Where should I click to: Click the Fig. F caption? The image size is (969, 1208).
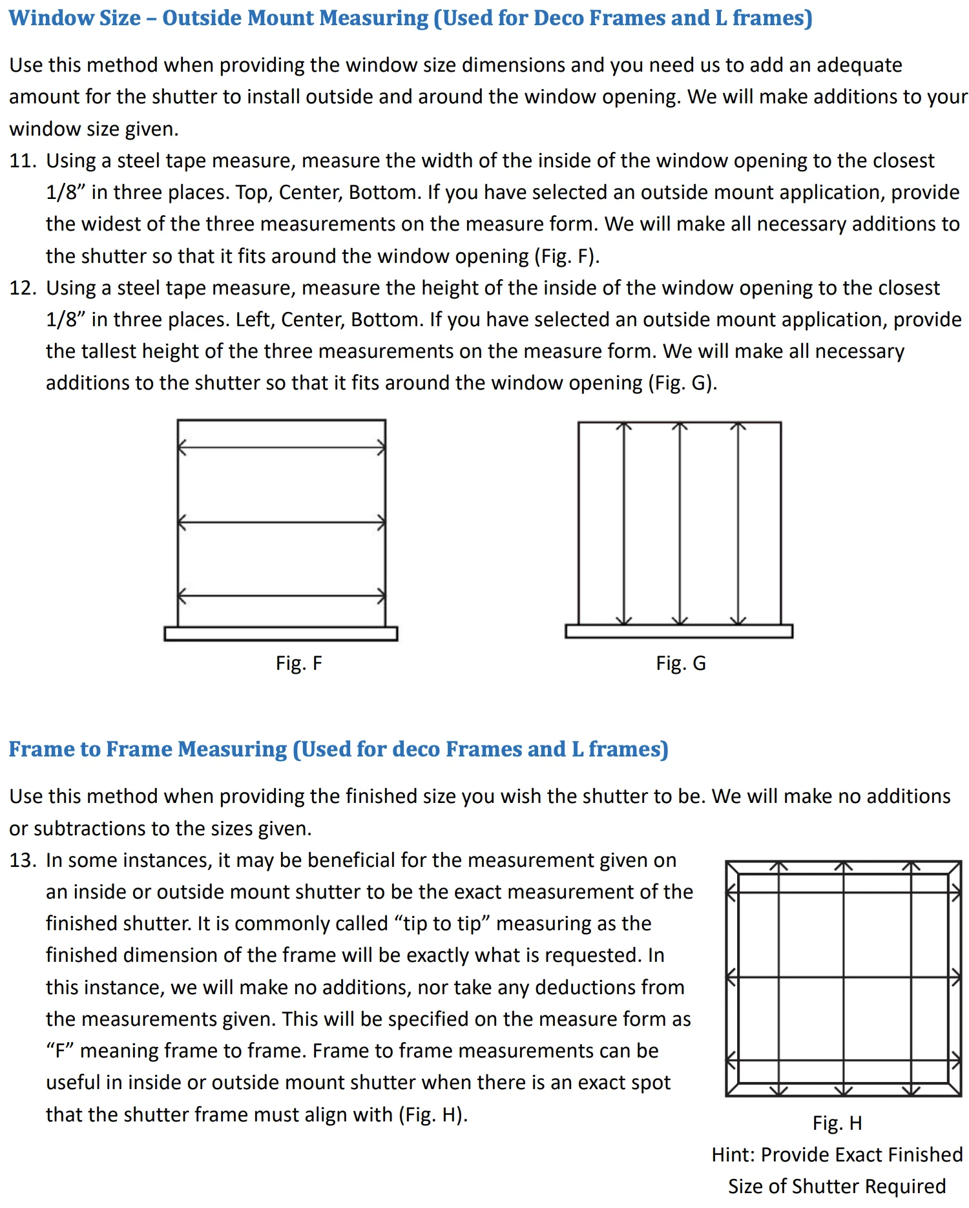298,663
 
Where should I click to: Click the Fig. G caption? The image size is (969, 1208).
681,663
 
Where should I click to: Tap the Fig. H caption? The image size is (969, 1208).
837,1123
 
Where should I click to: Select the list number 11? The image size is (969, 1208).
23,161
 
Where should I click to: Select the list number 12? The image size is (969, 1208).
23,288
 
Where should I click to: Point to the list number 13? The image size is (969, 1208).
23,860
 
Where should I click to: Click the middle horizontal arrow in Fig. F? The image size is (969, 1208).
282,522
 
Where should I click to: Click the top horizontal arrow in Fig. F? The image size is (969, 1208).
282,447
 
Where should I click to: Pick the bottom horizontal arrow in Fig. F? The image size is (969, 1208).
282,596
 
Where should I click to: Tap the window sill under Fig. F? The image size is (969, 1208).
281,634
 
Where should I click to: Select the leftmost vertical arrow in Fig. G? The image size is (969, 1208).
624,523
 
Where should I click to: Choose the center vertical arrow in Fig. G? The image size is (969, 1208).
680,523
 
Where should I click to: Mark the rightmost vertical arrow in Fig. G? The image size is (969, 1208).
738,523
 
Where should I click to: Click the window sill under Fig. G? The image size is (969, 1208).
679,631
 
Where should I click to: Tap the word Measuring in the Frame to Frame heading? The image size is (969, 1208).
232,749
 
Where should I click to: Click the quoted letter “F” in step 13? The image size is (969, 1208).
60,1051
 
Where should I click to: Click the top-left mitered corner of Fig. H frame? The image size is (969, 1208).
733,868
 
